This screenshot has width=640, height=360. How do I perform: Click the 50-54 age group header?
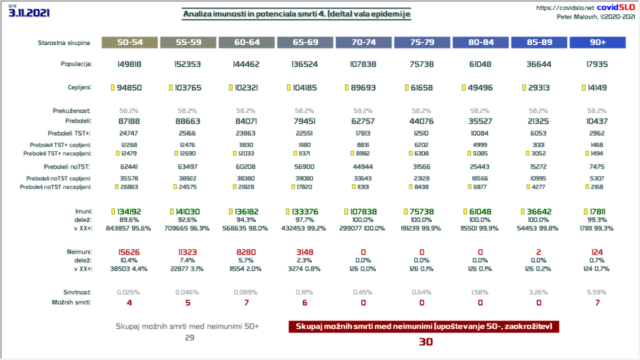point(131,42)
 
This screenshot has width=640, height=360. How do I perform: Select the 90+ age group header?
point(597,42)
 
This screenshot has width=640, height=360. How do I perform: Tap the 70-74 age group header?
point(364,42)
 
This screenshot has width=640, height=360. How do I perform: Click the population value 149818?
point(131,64)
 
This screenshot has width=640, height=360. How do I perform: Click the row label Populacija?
point(76,64)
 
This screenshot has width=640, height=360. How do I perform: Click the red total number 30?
point(425,341)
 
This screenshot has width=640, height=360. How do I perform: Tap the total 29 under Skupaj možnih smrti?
point(188,337)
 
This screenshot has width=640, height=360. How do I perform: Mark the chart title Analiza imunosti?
point(297,14)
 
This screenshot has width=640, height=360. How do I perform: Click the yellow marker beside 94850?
point(112,87)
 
